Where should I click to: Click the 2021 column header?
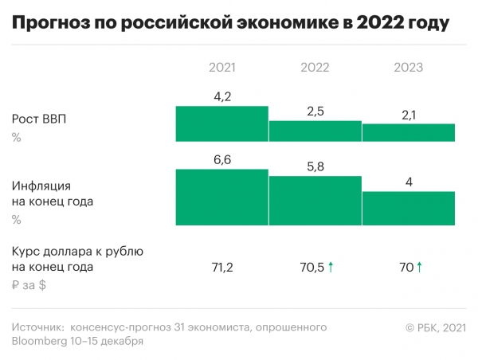point(222,68)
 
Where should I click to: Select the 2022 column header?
point(315,68)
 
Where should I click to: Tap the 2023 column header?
point(409,68)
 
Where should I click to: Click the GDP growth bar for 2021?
point(222,124)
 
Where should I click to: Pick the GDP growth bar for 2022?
point(315,131)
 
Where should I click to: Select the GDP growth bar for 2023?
point(409,132)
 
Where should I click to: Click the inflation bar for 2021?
point(222,197)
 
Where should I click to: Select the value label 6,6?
point(222,160)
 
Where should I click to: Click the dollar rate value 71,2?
point(222,267)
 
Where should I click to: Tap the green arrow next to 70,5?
point(331,266)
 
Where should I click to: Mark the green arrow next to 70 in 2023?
point(419,266)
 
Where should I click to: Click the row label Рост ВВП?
point(39,119)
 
